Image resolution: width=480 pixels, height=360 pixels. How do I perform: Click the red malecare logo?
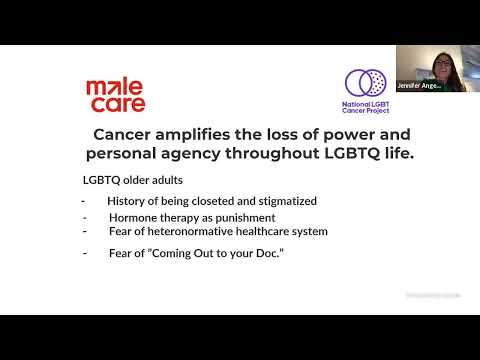pos(115,95)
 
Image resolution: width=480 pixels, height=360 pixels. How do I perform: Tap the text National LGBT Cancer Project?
pos(366,106)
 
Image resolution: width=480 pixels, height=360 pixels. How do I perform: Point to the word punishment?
pos(244,217)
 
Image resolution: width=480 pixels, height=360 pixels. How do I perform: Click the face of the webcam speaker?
pos(441,65)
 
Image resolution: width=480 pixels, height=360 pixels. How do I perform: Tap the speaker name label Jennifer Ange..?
pos(420,86)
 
